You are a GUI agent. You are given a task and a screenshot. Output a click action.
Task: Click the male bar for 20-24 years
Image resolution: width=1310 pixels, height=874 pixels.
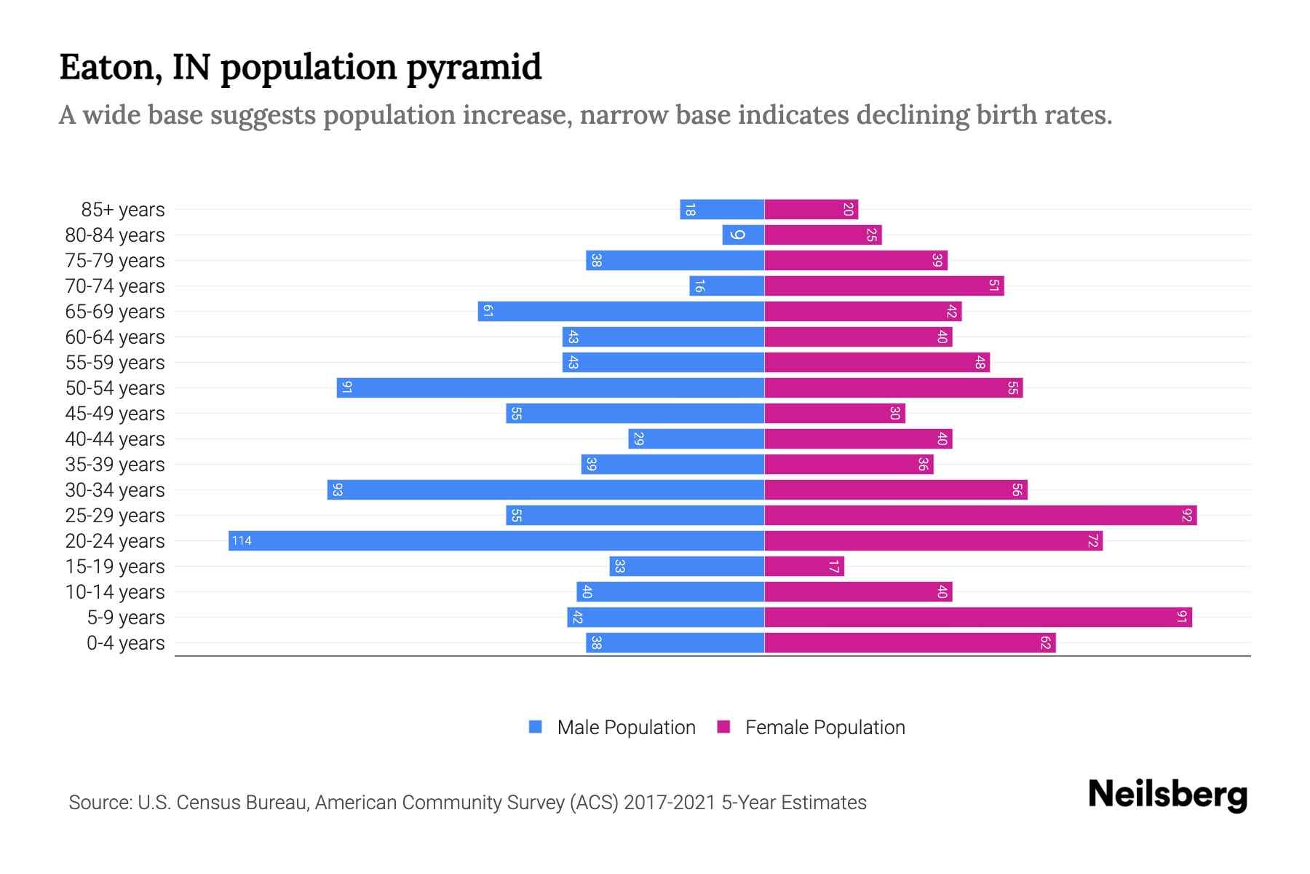pos(496,540)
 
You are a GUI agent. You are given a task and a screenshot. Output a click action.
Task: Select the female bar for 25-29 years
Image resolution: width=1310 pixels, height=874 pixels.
pos(980,515)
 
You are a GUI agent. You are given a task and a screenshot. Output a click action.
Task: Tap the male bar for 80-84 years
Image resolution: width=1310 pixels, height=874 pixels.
pos(743,235)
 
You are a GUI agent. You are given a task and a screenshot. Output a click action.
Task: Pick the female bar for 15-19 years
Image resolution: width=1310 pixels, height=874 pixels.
pos(804,566)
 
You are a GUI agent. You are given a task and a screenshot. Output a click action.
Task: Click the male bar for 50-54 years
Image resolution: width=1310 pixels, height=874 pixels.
pos(550,387)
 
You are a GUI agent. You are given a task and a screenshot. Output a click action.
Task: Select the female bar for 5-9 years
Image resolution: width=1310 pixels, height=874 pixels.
pos(978,617)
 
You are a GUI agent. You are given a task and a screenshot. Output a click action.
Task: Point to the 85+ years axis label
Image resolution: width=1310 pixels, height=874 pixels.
pos(123,210)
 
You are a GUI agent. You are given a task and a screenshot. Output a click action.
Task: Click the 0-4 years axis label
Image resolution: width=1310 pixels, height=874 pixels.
pos(125,643)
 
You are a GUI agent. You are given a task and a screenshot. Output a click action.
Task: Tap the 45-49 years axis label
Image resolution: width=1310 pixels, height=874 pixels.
pos(115,414)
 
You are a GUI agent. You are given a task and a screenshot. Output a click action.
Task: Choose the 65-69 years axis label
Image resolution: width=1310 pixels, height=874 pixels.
pos(115,312)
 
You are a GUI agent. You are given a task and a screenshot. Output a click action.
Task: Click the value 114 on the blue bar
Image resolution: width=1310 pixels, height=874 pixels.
pos(242,540)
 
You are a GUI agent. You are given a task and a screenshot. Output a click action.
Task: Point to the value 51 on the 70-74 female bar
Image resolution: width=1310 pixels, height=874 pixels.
pos(993,286)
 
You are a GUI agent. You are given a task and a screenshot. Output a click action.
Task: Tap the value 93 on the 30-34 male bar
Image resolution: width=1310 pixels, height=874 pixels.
pos(337,489)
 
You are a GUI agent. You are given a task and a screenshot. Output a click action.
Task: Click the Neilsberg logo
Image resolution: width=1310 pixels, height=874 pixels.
pos(1167,795)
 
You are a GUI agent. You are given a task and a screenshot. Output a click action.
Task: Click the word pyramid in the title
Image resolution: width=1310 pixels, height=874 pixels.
pos(474,68)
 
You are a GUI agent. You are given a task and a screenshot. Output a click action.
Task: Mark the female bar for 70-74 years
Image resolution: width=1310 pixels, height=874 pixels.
pos(884,286)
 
